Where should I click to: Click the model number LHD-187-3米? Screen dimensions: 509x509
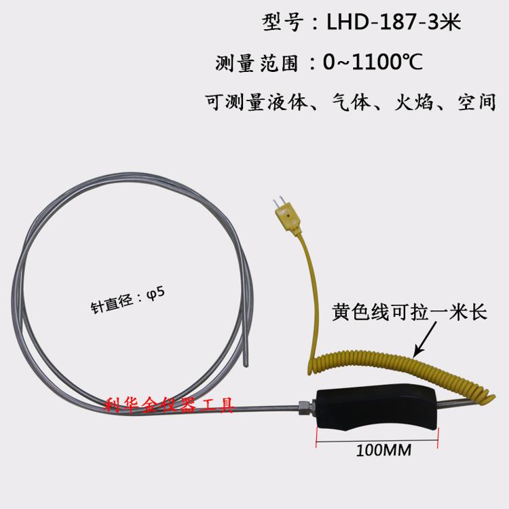pos(394,22)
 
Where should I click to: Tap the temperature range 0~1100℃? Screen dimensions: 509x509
pos(373,62)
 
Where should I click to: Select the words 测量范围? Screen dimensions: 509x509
pos(257,62)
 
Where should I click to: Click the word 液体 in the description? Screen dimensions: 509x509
pos(287,102)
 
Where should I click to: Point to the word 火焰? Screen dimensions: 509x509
pos(414,102)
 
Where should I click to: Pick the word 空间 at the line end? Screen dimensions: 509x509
pos(477,102)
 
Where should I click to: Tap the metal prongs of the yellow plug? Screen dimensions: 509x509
pos(277,202)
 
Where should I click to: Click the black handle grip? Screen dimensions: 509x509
pos(377,409)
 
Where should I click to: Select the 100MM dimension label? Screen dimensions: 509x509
pos(383,450)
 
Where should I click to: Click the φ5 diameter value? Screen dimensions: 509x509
pos(156,293)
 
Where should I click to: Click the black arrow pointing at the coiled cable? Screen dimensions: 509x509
pos(426,339)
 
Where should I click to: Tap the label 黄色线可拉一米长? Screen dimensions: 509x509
pos(409,312)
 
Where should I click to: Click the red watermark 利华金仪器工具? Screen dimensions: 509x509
pos(169,404)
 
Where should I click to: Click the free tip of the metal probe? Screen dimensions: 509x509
pos(246,365)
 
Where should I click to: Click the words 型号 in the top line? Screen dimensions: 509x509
pos(282,22)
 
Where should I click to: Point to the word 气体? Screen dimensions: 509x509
pos(351,102)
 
